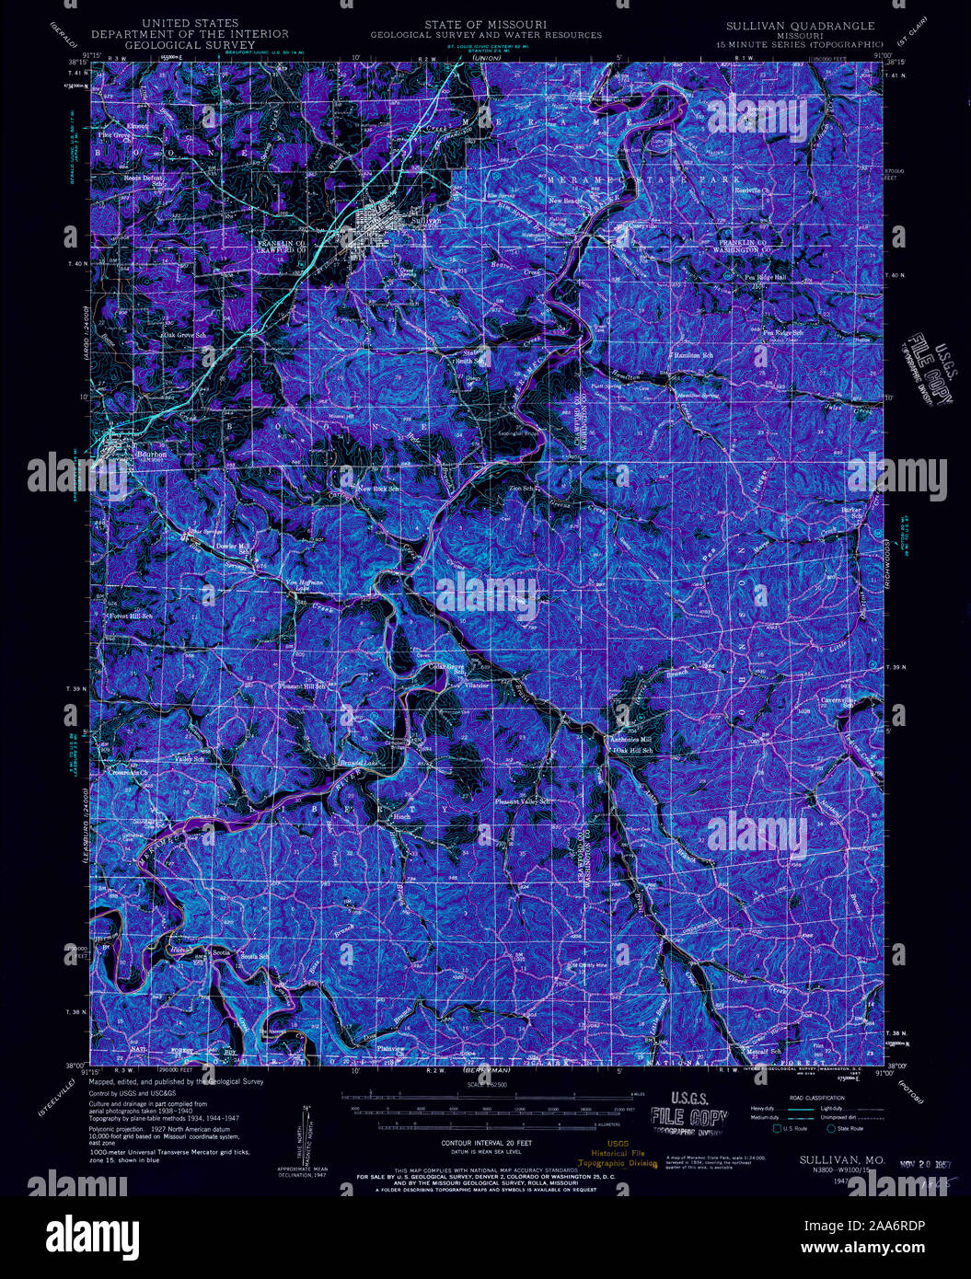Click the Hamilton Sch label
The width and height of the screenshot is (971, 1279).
(x=694, y=355)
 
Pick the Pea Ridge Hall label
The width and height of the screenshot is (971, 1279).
(x=765, y=277)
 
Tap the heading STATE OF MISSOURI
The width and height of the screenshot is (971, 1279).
(x=485, y=24)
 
